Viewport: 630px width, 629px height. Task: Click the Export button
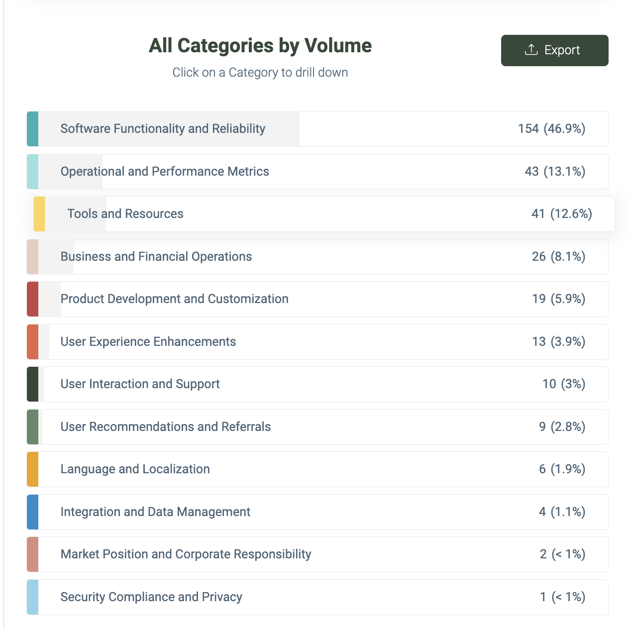coord(554,50)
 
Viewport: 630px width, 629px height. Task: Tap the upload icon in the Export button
coord(531,50)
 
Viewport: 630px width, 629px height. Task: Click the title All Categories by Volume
coord(260,45)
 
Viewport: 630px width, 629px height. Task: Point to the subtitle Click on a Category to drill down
coord(260,72)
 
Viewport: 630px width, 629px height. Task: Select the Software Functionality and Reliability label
coord(163,128)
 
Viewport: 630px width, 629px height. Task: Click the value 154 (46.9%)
coord(551,128)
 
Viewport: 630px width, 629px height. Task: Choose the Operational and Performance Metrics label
coord(165,171)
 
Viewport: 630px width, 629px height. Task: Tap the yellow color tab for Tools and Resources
coord(39,214)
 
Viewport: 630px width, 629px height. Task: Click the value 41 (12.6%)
coord(562,214)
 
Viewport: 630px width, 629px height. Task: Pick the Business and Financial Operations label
coord(156,256)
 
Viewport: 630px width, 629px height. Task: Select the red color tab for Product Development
coord(32,299)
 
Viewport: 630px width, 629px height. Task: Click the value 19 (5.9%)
coord(559,299)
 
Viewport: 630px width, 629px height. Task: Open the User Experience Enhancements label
coord(148,341)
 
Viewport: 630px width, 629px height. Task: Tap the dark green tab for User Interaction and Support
coord(32,384)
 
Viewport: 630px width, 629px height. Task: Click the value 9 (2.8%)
coord(562,426)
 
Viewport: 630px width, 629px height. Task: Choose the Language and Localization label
coord(135,469)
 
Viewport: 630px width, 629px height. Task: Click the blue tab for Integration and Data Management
coord(32,512)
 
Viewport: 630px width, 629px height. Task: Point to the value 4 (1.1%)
coord(562,512)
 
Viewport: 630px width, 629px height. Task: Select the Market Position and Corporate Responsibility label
coord(186,554)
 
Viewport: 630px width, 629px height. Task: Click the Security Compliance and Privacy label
coord(151,597)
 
